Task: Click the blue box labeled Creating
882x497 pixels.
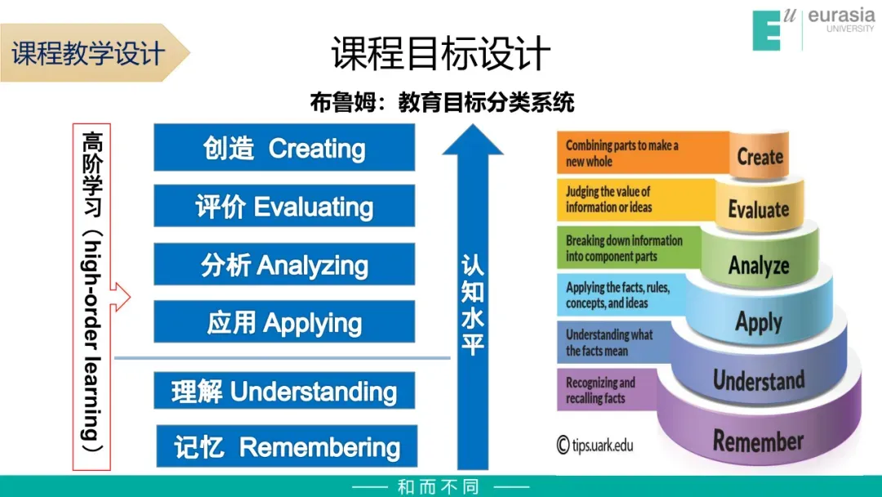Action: (x=284, y=148)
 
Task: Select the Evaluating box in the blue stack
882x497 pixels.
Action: (x=284, y=206)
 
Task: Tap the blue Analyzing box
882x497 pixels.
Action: (x=284, y=264)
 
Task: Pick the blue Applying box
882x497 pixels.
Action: (x=284, y=322)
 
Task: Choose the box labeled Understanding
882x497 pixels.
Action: (x=284, y=391)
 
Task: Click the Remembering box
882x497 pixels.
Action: (x=287, y=446)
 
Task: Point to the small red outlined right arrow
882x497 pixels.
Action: (x=120, y=297)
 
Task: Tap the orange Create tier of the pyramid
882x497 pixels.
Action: (x=759, y=156)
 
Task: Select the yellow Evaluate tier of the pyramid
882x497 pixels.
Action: (x=759, y=209)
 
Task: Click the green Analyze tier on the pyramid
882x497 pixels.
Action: (x=759, y=265)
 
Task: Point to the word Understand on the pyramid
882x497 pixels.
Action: (x=759, y=380)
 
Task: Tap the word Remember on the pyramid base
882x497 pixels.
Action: (x=759, y=441)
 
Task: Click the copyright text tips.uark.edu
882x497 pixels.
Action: (x=595, y=445)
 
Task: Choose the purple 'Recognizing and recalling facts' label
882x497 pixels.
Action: (x=604, y=390)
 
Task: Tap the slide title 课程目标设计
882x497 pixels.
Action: (x=441, y=54)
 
